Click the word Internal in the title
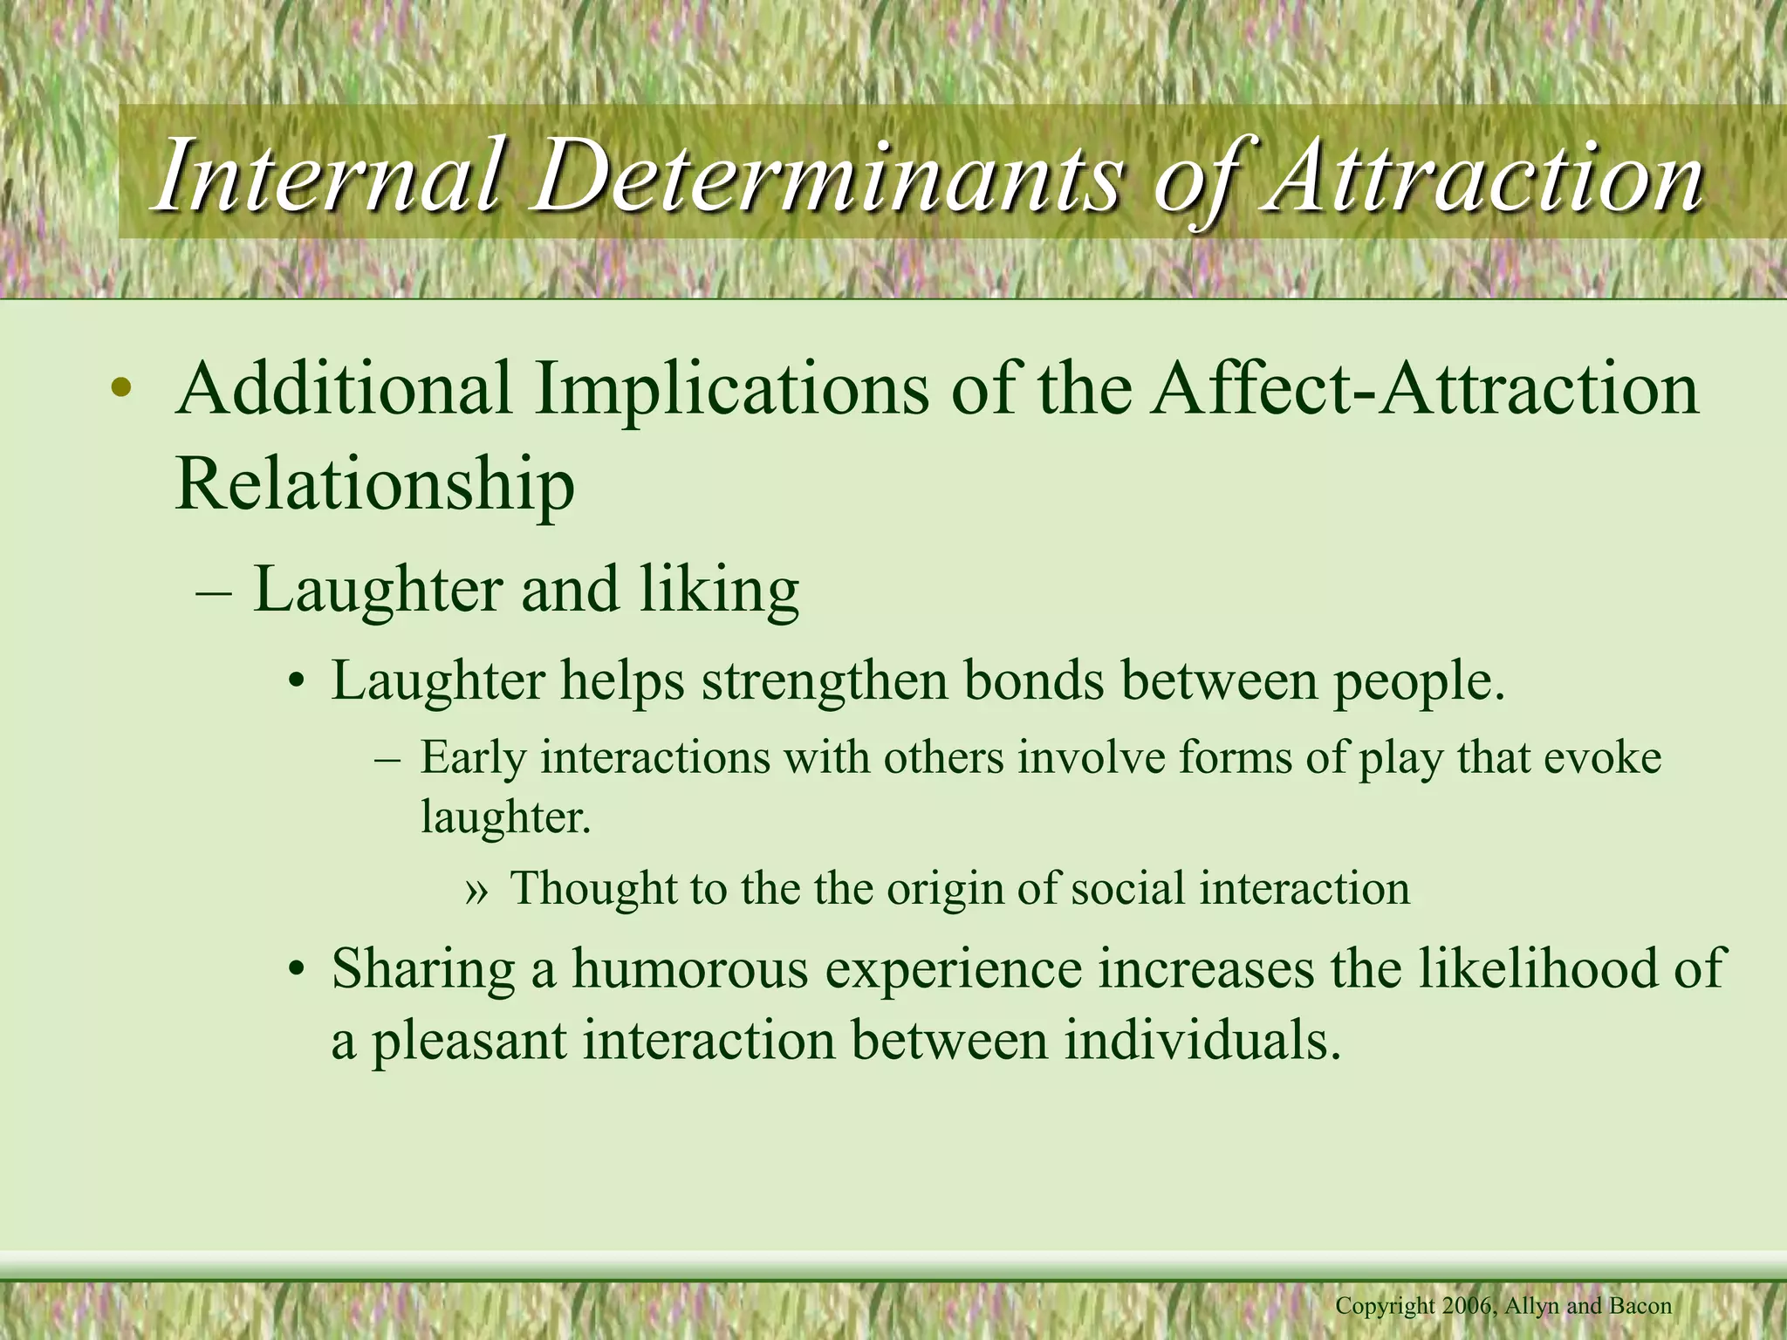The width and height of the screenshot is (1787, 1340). coord(328,177)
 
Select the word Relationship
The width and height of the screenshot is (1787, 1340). coord(375,485)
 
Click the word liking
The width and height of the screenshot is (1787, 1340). coord(719,592)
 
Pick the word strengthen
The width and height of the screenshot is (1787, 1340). coord(825,681)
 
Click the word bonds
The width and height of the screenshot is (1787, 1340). coord(1034,681)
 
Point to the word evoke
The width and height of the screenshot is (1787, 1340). coord(1602,756)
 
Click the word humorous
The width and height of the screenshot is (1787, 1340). coord(690,969)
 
